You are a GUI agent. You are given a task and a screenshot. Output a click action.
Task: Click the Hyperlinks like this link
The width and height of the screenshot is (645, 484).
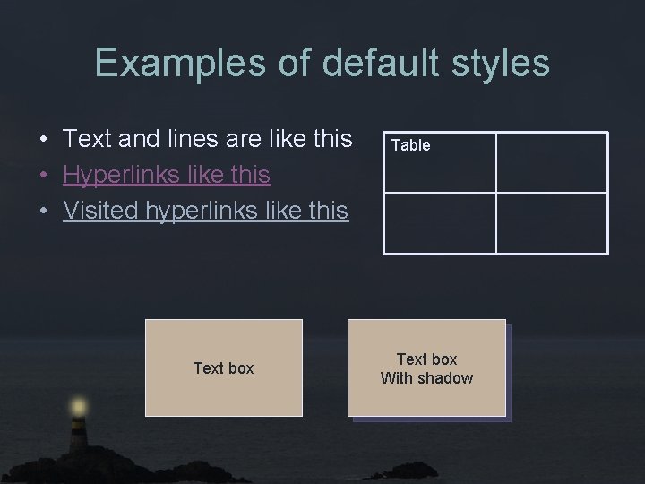pos(167,175)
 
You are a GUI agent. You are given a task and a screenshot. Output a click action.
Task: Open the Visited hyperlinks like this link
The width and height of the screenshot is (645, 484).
pos(205,211)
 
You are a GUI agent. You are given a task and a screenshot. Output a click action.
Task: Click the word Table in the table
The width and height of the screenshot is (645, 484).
pos(410,145)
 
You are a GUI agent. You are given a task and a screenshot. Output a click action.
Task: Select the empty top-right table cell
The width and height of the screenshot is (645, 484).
pos(551,162)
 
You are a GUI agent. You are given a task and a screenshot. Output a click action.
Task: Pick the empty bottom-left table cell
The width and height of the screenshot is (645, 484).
pos(439,222)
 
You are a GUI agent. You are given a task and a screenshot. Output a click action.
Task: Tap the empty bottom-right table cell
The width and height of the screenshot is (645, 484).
pos(551,222)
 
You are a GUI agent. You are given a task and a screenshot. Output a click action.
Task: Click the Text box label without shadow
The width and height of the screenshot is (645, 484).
pos(223,368)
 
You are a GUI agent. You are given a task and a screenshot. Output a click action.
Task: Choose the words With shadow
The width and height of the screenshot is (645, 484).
pos(426,378)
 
